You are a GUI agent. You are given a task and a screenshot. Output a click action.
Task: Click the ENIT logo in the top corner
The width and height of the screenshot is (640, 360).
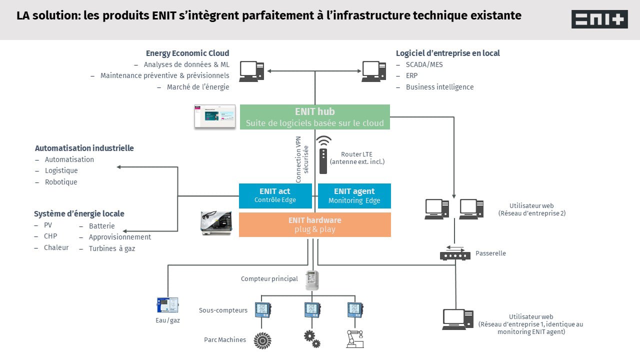(x=599, y=19)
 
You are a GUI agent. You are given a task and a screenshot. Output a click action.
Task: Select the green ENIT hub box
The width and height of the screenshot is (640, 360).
(x=314, y=117)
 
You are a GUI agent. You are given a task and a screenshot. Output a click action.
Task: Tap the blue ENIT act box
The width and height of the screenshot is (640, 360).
(x=275, y=195)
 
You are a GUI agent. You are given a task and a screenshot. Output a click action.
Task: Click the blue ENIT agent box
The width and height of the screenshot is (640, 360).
(x=354, y=195)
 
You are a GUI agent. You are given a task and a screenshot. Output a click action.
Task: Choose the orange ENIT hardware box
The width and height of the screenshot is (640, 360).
(x=314, y=224)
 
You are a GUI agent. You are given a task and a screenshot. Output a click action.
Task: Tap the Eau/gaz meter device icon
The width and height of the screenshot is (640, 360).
(x=167, y=305)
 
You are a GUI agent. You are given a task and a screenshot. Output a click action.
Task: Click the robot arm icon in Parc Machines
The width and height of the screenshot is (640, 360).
(x=355, y=339)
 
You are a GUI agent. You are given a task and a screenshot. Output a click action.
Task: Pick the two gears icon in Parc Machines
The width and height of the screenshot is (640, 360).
(x=312, y=339)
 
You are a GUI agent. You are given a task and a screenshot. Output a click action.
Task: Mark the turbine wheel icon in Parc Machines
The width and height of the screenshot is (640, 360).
(x=262, y=340)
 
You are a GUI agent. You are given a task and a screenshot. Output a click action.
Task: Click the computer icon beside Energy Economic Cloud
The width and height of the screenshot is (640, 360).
(x=251, y=71)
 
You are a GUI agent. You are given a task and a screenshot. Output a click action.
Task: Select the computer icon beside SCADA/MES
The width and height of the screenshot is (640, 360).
(x=374, y=71)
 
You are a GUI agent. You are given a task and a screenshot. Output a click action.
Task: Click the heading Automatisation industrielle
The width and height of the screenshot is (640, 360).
(x=84, y=148)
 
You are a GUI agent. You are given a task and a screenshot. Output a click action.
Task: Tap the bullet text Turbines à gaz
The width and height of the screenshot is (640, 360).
(x=112, y=248)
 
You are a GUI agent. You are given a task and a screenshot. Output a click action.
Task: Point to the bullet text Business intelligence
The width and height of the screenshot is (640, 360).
(x=439, y=87)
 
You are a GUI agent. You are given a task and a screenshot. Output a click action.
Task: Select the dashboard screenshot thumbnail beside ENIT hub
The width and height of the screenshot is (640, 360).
(x=215, y=116)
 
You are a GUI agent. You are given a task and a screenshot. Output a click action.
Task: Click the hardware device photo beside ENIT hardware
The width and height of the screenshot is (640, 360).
(x=216, y=222)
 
